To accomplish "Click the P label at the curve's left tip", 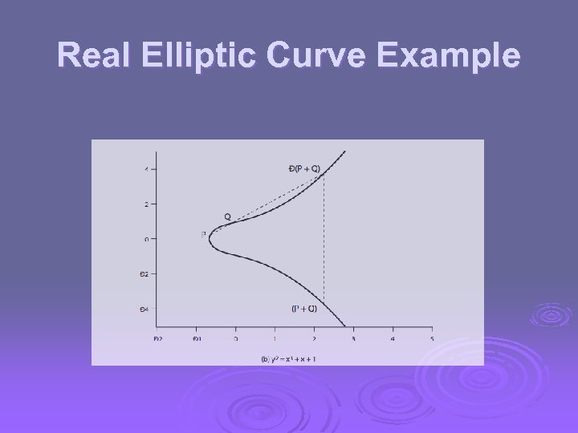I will point(203,234).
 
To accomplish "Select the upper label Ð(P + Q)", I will point(303,168).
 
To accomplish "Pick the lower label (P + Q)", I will point(303,308).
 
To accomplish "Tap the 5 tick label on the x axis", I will point(432,338).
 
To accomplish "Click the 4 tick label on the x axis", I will point(393,338).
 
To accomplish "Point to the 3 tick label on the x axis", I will point(353,338).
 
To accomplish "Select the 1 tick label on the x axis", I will point(275,338).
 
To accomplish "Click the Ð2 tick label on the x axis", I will point(157,338).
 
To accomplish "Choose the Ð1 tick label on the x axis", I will point(197,338).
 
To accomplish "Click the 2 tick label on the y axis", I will point(146,204).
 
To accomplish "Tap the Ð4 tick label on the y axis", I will point(144,309).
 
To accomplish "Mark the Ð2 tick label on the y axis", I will point(144,273).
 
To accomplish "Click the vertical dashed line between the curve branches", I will point(324,241).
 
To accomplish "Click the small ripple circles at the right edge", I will point(552,314).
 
